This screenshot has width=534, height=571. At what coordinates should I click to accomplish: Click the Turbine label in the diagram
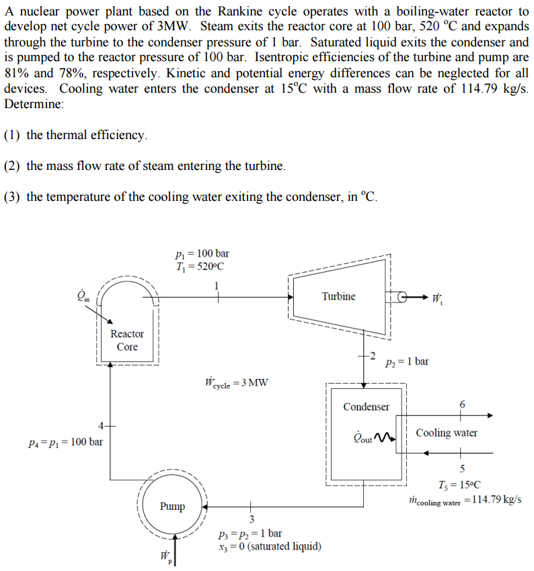(x=338, y=296)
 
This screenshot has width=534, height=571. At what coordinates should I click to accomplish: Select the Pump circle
(x=173, y=505)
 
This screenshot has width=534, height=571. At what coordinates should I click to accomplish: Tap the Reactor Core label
(x=127, y=340)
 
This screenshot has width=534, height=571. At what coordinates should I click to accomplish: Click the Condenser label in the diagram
(x=366, y=406)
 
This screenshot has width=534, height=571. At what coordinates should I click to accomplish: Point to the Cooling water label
(x=447, y=433)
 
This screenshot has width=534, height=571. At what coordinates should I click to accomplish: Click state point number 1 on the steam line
(x=216, y=285)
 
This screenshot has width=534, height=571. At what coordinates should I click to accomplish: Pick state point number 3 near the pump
(x=252, y=519)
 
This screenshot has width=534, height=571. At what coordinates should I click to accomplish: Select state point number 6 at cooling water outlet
(x=461, y=404)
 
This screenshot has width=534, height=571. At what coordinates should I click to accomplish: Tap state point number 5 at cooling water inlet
(x=461, y=468)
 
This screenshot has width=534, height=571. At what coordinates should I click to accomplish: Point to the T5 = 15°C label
(x=459, y=485)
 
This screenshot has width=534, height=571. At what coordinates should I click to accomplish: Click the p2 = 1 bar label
(x=407, y=361)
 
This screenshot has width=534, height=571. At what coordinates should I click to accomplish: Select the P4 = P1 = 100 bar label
(x=66, y=442)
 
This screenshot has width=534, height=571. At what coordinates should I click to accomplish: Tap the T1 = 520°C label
(x=200, y=266)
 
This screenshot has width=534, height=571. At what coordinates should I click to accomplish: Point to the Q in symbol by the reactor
(x=84, y=296)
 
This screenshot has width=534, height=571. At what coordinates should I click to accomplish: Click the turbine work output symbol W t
(x=437, y=297)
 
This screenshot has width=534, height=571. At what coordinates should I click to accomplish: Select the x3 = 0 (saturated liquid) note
(x=270, y=546)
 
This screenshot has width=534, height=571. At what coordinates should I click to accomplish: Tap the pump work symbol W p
(x=164, y=557)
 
